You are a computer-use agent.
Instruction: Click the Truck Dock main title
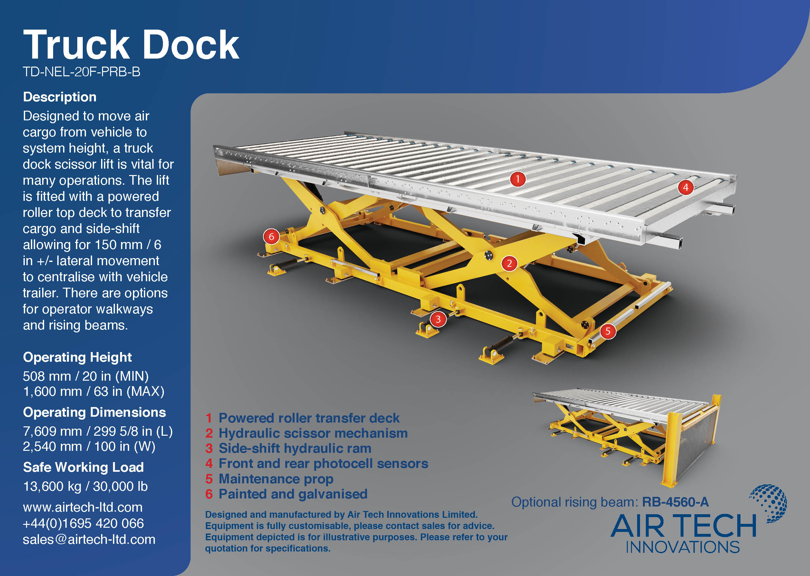click(x=131, y=45)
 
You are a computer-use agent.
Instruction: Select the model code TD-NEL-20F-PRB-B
click(x=81, y=72)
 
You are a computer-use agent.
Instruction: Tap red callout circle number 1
click(x=518, y=179)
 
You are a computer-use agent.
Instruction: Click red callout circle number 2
click(x=509, y=264)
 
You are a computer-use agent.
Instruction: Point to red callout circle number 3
click(x=438, y=319)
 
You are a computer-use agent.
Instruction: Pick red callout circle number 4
click(x=685, y=187)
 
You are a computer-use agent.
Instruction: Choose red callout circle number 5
click(x=608, y=331)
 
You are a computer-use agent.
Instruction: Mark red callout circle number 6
click(x=271, y=237)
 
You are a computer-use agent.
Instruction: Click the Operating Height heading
click(x=77, y=357)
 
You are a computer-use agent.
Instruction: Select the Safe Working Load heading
click(x=83, y=467)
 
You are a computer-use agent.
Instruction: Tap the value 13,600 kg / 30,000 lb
click(x=85, y=486)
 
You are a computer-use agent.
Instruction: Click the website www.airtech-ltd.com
click(x=83, y=507)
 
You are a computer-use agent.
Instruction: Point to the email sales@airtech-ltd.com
click(x=89, y=539)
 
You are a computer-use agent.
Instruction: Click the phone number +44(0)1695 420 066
click(x=83, y=524)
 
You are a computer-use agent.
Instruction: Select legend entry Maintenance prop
click(x=276, y=479)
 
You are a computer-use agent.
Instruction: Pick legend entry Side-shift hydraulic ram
click(x=295, y=448)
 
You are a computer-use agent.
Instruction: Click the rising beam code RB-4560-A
click(x=675, y=502)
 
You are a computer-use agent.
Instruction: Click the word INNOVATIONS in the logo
click(x=682, y=547)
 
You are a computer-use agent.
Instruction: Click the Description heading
click(x=60, y=97)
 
